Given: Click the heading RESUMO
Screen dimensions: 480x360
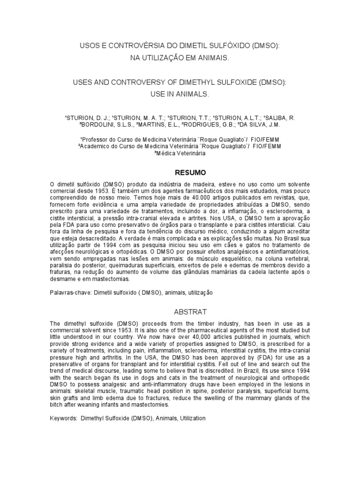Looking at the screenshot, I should pyautogui.click(x=180, y=172).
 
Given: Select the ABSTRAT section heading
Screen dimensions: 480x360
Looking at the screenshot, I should pyautogui.click(x=180, y=311).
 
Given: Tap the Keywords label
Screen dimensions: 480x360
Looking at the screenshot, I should pyautogui.click(x=64, y=418).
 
